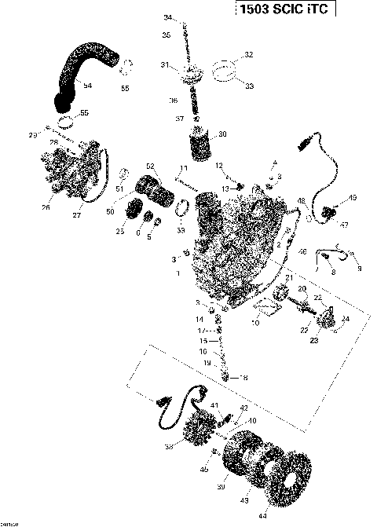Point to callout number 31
(x=164, y=64)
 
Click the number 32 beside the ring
(x=249, y=55)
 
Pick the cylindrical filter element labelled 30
(x=203, y=144)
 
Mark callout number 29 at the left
(x=33, y=136)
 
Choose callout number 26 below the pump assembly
(x=46, y=208)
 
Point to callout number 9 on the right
(x=360, y=269)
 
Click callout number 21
(x=289, y=278)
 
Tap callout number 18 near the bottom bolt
(x=243, y=378)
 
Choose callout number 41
(x=213, y=404)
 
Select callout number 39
(x=220, y=487)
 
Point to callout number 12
(x=221, y=166)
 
